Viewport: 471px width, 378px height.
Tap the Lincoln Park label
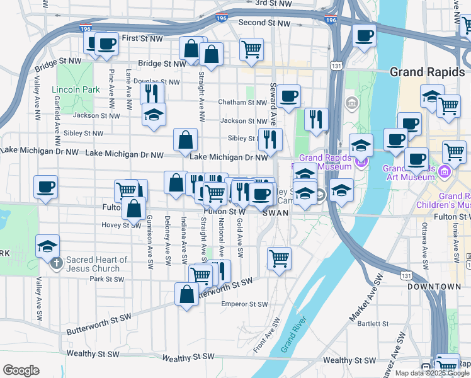point(76,89)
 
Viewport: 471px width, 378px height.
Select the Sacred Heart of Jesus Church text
point(98,264)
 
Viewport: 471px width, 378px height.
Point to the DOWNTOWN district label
point(434,287)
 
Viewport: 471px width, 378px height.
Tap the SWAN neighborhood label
point(275,213)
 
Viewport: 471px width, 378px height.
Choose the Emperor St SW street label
point(244,304)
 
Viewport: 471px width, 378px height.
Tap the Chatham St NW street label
point(242,102)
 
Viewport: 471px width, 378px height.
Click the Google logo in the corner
point(21,370)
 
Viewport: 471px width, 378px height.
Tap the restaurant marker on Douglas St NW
point(152,93)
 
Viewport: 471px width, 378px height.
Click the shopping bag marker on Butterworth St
point(187,294)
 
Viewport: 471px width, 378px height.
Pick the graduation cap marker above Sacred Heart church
point(47,246)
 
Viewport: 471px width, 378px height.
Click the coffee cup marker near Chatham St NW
point(289,96)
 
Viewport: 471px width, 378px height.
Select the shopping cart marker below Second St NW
point(251,49)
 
